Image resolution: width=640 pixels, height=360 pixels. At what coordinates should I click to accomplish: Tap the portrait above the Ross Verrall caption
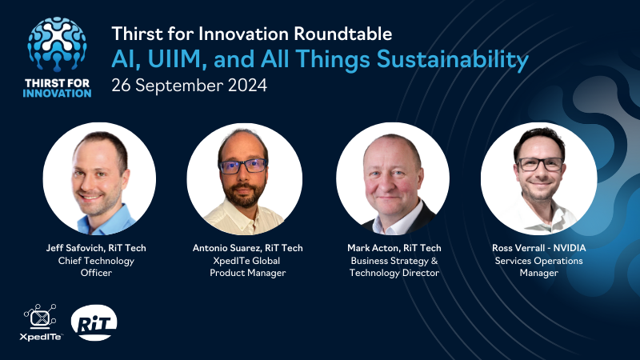click(538, 178)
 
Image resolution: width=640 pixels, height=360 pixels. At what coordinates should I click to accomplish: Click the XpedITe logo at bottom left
click(40, 322)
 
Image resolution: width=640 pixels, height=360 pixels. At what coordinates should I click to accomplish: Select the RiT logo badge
click(94, 322)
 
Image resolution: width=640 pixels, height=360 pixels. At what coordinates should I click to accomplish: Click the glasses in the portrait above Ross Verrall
click(539, 164)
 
